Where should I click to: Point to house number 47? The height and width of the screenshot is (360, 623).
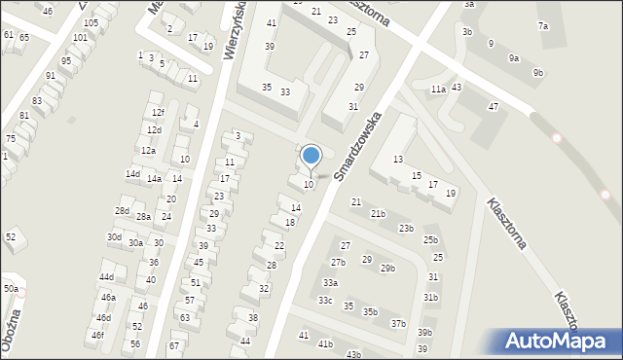pos(494,106)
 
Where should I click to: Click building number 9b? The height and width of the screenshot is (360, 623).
pos(538,73)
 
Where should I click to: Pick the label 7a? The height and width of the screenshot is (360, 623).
pos(543,26)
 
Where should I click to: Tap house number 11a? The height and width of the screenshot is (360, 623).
pos(438,90)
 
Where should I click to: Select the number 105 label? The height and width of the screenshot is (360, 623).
pos(91,22)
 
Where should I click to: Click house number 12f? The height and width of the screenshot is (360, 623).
pos(158,113)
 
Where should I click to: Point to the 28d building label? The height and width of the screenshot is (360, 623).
pos(122,211)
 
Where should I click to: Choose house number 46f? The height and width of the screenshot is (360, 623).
pos(97,336)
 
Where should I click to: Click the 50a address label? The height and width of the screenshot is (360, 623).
pos(10,289)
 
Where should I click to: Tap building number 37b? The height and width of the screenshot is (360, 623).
pos(398,323)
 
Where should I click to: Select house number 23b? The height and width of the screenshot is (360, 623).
pos(405,229)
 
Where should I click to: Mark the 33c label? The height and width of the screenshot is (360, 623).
pos(325,301)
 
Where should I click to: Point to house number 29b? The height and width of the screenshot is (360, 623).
pos(387,269)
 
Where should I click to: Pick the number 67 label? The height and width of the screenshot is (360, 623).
pos(174,345)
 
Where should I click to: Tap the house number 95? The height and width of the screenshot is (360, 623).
pos(65,60)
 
